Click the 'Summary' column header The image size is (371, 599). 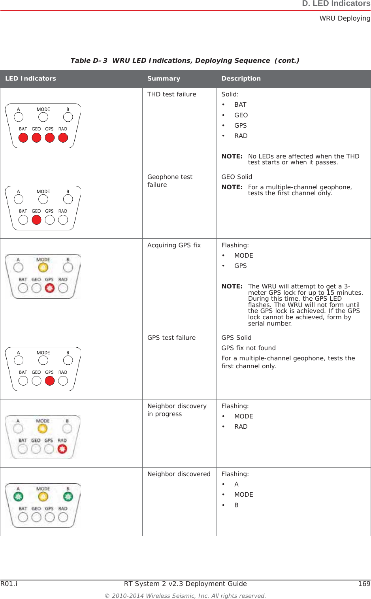[x=164, y=79]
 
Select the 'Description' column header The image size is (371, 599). [x=241, y=79]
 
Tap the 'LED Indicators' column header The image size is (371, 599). [x=30, y=79]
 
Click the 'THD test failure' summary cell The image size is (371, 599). [x=171, y=94]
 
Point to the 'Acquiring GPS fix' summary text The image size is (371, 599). [x=174, y=245]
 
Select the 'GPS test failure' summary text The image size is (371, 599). [x=171, y=338]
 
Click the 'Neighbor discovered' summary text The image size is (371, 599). [x=179, y=474]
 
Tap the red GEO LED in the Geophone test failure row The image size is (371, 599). [x=36, y=220]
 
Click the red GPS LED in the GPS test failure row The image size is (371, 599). [x=50, y=381]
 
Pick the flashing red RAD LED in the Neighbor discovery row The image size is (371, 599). [x=62, y=449]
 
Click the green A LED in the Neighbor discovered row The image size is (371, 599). [x=18, y=497]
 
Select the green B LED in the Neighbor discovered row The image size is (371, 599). [x=68, y=497]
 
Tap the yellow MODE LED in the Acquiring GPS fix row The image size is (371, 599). [x=43, y=268]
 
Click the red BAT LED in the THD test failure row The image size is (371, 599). [x=23, y=138]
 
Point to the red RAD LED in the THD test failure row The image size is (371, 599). [x=63, y=138]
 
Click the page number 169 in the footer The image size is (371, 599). [x=364, y=584]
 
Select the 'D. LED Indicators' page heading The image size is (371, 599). [x=336, y=4]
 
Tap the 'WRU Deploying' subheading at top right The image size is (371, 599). [x=345, y=19]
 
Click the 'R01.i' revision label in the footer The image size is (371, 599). [x=9, y=584]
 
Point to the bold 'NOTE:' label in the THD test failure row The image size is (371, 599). [x=232, y=156]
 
